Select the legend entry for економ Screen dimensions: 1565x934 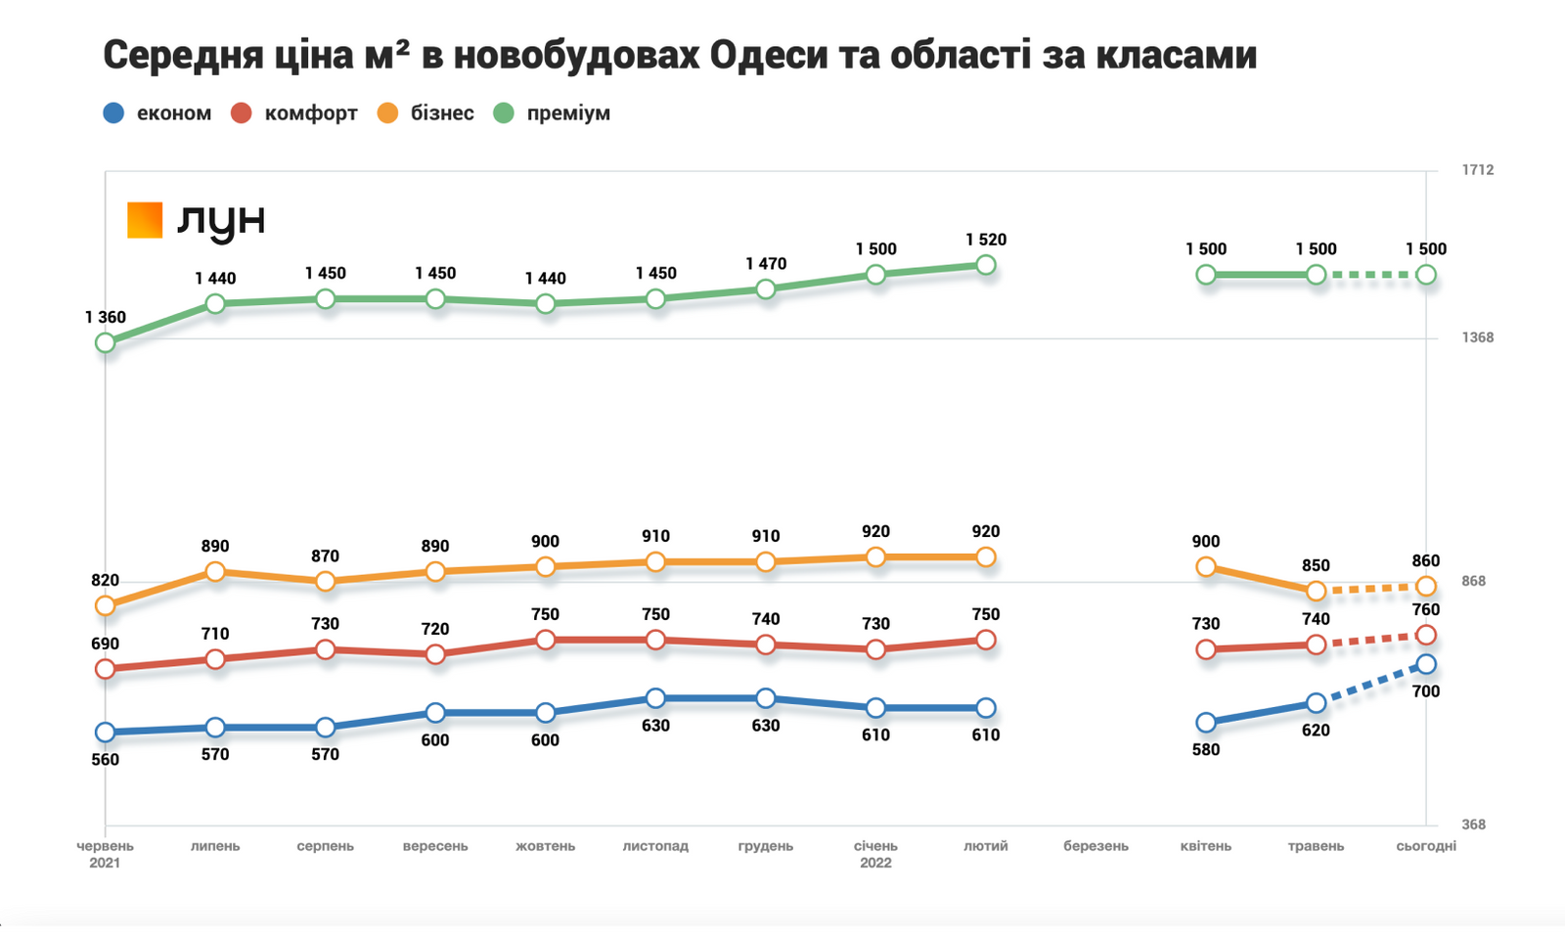pos(173,113)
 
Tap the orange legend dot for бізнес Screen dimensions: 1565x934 pos(388,113)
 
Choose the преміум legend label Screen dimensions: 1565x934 pos(567,113)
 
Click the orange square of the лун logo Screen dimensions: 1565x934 pos(145,220)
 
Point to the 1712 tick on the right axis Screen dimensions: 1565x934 pos(1477,170)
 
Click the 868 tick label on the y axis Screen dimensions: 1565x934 pos(1473,582)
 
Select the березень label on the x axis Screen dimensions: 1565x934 pos(1095,846)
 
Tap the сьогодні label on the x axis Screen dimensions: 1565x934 pos(1425,846)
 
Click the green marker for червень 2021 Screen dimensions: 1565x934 pos(106,343)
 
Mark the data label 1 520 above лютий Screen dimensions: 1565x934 pos(985,240)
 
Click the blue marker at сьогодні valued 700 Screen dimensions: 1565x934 pos(1426,665)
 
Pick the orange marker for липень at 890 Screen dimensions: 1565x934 pos(215,572)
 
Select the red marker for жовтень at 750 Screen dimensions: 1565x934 pos(546,641)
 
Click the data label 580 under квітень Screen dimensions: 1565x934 pos(1205,750)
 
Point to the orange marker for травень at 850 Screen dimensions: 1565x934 pos(1316,592)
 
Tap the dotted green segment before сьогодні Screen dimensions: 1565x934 pos(1371,276)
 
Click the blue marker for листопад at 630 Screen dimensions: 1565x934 pos(655,699)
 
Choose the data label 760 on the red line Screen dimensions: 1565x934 pos(1425,610)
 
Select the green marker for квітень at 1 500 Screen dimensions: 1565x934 pos(1206,276)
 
